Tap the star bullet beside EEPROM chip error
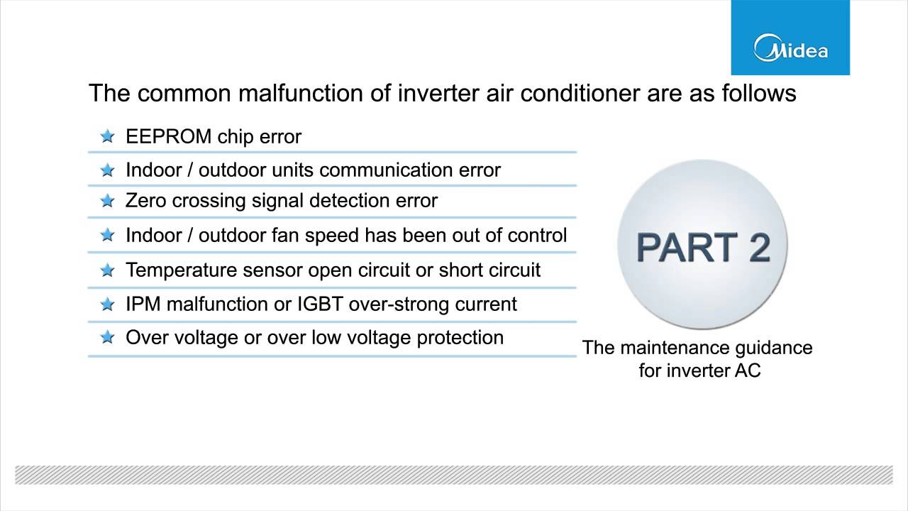[107, 136]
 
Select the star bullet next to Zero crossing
[107, 202]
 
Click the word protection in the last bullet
[460, 338]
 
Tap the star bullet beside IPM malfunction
[107, 304]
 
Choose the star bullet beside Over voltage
[107, 338]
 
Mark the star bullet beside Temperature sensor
[107, 270]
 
